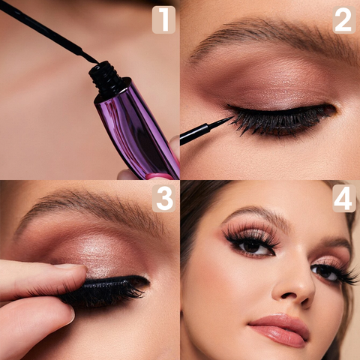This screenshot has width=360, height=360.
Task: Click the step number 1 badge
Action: point(163,20)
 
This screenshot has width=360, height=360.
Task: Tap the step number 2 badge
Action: point(344,20)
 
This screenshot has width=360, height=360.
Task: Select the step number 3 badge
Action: point(163,199)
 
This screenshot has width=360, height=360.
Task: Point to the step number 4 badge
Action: point(344,199)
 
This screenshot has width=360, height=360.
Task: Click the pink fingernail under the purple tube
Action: point(159,176)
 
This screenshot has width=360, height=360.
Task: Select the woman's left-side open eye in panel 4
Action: point(253,247)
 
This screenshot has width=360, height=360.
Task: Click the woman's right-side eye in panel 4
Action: point(325,272)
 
